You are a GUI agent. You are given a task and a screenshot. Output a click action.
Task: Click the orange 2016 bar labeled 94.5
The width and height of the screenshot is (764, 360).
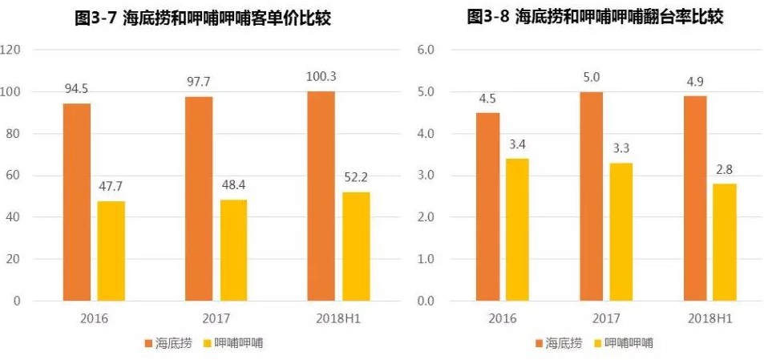click(77, 202)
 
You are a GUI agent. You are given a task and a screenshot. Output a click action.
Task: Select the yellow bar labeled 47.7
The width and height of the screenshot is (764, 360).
click(111, 251)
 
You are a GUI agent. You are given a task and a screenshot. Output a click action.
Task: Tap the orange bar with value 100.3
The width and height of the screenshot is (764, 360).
click(321, 196)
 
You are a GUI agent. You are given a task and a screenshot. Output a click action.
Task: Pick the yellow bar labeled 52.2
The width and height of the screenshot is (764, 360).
click(355, 246)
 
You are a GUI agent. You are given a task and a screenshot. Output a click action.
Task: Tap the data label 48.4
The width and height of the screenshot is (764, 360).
click(233, 185)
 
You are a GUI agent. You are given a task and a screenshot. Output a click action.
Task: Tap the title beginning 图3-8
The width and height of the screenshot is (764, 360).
click(596, 17)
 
